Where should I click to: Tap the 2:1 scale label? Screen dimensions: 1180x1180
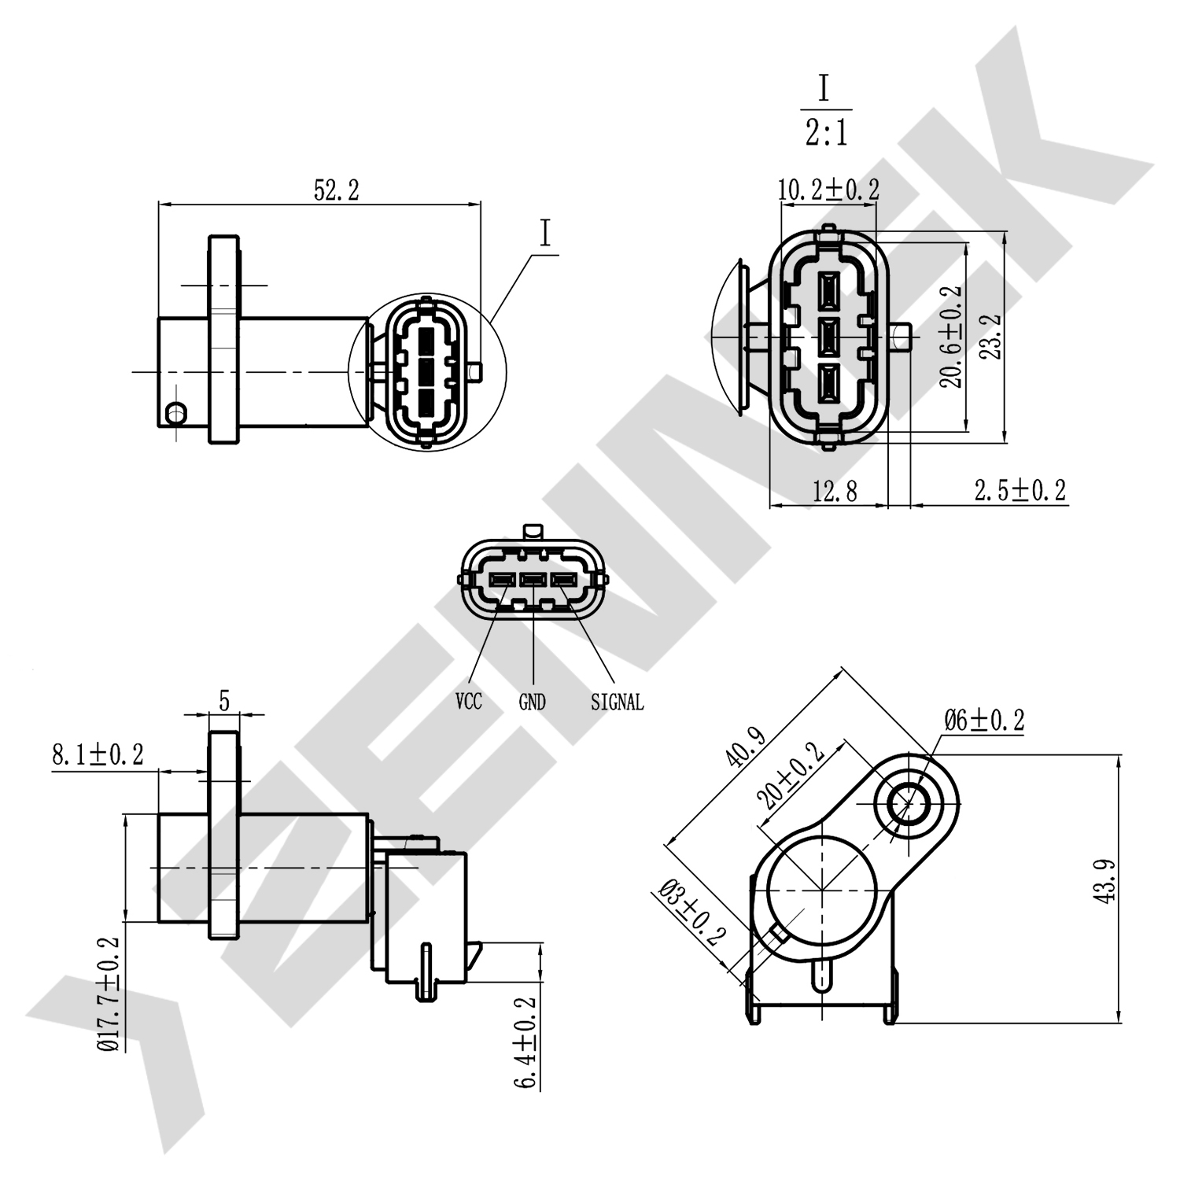point(826,134)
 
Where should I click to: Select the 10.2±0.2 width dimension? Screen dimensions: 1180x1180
point(828,190)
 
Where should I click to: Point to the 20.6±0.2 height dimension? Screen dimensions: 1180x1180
point(953,336)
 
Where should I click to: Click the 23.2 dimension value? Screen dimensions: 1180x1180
point(993,337)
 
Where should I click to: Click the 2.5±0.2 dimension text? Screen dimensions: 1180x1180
point(1020,490)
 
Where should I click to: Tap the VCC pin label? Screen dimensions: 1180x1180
point(468,701)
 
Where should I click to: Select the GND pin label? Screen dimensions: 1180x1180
point(533,702)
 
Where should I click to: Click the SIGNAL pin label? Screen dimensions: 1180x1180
point(617,702)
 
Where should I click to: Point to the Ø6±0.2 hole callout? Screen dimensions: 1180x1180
point(984,720)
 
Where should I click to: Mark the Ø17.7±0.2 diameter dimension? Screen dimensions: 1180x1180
point(109,994)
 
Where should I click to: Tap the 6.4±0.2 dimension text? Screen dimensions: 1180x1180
point(525,1042)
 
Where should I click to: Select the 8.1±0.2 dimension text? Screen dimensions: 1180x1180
point(98,755)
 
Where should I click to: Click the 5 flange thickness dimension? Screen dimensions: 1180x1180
point(224,700)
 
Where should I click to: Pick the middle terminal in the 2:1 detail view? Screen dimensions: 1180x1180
point(828,336)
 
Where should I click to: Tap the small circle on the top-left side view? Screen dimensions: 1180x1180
point(176,411)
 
